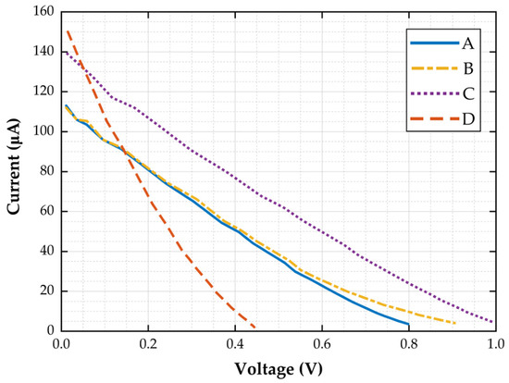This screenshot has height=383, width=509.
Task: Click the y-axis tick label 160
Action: [43, 12]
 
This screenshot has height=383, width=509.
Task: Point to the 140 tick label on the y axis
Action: [43, 52]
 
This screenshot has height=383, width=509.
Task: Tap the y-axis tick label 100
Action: [43, 131]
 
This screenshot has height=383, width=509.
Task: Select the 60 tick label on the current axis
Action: [47, 211]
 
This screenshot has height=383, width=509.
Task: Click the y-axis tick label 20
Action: [47, 291]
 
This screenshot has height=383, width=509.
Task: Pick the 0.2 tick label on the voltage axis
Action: [148, 344]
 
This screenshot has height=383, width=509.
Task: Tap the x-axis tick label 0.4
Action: [235, 344]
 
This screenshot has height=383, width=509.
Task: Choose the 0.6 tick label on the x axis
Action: [322, 344]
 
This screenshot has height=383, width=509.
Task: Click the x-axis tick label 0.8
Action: [409, 344]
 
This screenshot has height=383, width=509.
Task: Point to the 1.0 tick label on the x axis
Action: [496, 344]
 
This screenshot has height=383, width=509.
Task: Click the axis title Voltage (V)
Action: [279, 369]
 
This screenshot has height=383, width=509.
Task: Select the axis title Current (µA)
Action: [14, 167]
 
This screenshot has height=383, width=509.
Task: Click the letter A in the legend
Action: [467, 43]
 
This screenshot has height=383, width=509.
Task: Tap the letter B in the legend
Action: [468, 68]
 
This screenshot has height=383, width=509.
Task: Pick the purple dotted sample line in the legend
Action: [435, 93]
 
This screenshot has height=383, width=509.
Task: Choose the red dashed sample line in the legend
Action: [435, 118]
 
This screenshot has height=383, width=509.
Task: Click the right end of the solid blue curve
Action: [408, 324]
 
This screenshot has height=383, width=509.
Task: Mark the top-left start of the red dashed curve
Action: [68, 31]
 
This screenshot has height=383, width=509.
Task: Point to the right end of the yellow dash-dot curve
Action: [455, 323]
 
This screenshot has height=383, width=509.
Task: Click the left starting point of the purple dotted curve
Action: [67, 52]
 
